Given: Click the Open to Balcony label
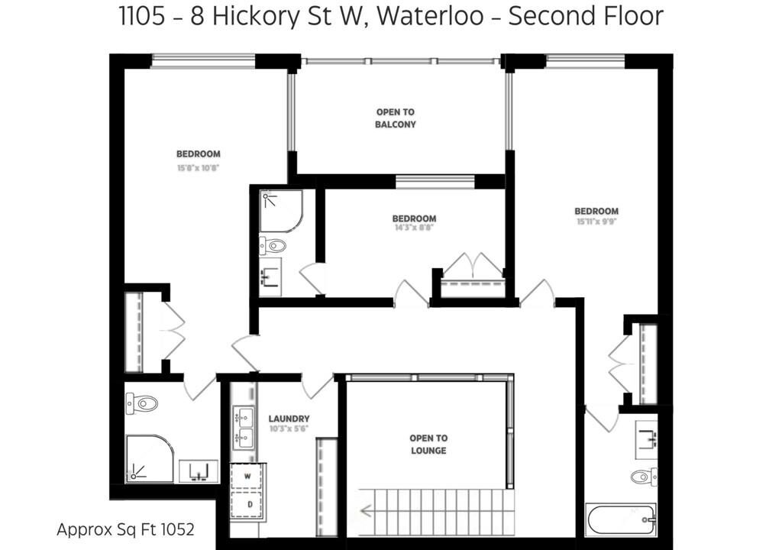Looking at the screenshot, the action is [x=396, y=118].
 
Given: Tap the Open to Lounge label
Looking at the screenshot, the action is [x=428, y=444].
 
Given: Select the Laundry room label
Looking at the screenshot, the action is [x=289, y=419].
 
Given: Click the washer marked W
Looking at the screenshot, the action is [x=248, y=477].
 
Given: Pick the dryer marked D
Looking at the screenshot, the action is [x=249, y=505].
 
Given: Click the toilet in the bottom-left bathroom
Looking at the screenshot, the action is [x=141, y=403].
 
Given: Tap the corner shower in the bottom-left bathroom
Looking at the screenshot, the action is [x=149, y=459].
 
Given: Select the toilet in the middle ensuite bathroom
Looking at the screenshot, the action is [x=273, y=245].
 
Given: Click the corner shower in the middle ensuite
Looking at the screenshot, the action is [x=281, y=211].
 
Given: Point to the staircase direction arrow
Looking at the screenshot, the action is [x=366, y=511].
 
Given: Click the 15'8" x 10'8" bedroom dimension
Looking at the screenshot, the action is [x=198, y=168].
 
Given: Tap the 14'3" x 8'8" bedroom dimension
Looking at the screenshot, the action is [x=414, y=228].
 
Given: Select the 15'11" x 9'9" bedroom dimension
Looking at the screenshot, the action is [x=596, y=222].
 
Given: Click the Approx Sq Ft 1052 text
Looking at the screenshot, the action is [x=126, y=529].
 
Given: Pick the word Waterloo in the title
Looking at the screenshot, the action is [x=430, y=16].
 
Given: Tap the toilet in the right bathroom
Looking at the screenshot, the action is [x=644, y=477].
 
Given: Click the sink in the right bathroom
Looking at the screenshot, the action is [x=646, y=440].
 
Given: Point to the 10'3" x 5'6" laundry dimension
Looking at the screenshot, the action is [x=289, y=429].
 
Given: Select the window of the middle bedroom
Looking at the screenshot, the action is [x=435, y=182].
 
